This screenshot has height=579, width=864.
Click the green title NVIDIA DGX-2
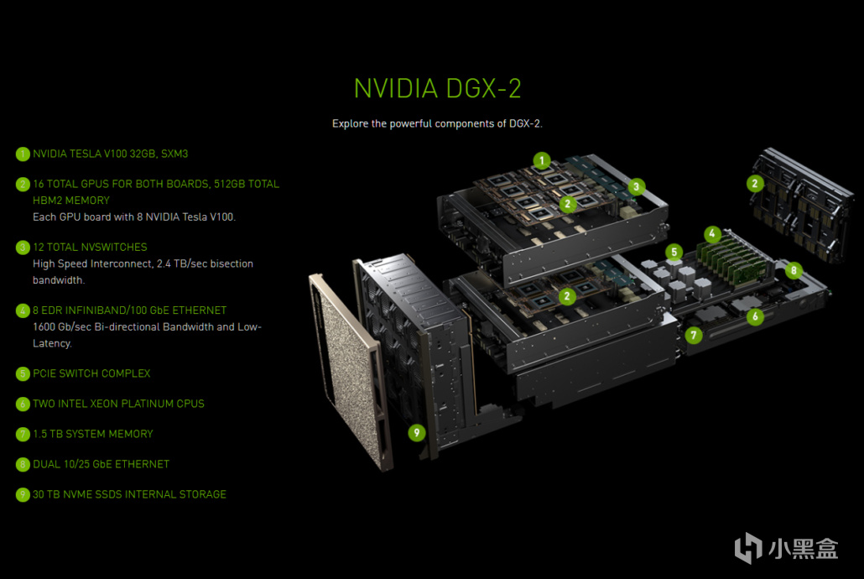click(x=438, y=88)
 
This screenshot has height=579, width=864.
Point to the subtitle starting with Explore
click(x=437, y=123)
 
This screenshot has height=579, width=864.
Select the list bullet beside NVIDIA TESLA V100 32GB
click(x=23, y=154)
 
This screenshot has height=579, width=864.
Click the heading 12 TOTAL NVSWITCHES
click(x=90, y=247)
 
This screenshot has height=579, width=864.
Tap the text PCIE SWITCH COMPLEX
click(x=91, y=373)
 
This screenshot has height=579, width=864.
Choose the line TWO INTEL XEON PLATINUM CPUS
click(x=118, y=404)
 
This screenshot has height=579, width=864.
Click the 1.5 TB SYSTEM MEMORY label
click(x=92, y=434)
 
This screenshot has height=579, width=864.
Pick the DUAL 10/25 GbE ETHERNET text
click(x=101, y=464)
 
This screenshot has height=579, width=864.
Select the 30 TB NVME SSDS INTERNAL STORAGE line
click(x=129, y=494)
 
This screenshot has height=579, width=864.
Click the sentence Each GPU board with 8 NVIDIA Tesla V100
click(x=134, y=216)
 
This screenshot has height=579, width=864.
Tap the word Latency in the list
click(x=52, y=343)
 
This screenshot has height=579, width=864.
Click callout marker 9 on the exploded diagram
click(x=417, y=433)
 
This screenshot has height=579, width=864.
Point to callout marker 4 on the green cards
click(x=712, y=234)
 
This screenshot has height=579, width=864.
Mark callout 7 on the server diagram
click(x=694, y=335)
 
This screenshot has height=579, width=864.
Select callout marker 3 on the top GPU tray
click(x=637, y=186)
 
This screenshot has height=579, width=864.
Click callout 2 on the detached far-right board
click(x=755, y=184)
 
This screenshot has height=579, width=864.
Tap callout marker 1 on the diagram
click(x=542, y=161)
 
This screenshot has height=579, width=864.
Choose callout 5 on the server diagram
click(x=674, y=253)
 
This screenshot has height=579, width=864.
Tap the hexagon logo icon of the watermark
click(x=747, y=548)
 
